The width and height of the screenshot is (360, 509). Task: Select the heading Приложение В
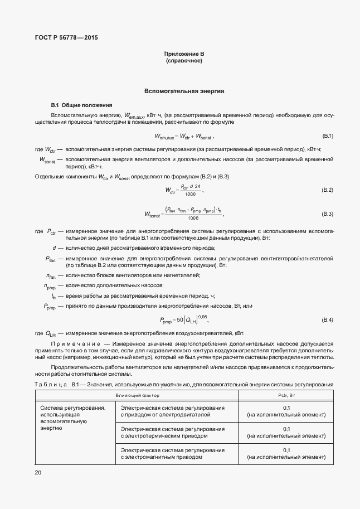coord(184,54)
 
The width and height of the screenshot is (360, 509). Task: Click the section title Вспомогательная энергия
coord(184,90)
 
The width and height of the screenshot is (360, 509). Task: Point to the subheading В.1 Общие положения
coord(81,105)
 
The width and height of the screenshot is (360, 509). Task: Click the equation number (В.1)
coord(327,137)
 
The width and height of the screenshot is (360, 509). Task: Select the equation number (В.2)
coord(327,191)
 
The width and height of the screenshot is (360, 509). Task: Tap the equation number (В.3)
coord(327,214)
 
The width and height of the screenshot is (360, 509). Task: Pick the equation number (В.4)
coord(327,319)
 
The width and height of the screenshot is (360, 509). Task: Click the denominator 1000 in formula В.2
coord(191,195)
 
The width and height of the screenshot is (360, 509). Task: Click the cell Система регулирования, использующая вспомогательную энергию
coord(73,418)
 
